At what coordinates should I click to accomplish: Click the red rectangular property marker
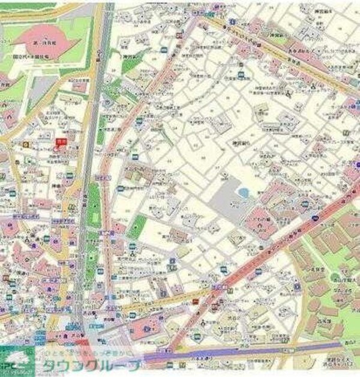(60, 141)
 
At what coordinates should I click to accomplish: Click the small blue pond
(243, 193)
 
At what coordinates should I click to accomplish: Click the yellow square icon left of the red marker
(25, 144)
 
